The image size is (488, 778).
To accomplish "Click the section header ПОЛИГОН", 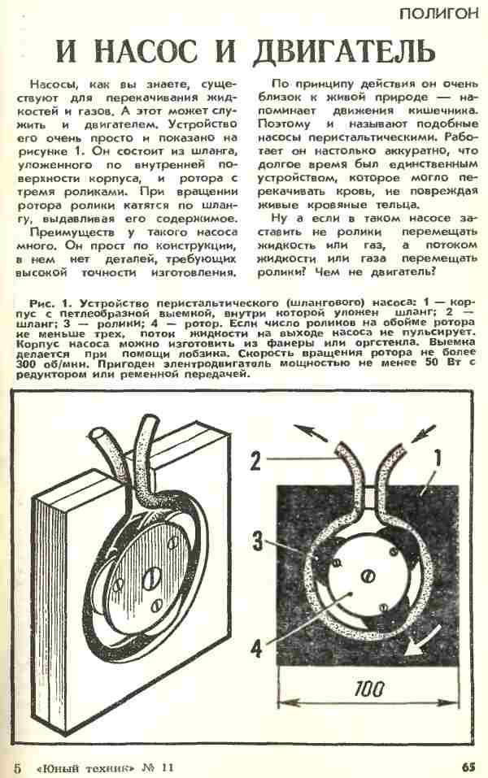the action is click(x=439, y=13).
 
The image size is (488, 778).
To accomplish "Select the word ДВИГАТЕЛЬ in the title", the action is click(x=344, y=51).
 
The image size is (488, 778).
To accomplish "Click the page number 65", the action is click(x=469, y=767).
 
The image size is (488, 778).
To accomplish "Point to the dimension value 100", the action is click(x=369, y=689).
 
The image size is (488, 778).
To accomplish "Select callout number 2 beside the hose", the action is click(x=255, y=461).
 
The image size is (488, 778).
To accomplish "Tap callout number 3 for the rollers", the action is click(x=258, y=541).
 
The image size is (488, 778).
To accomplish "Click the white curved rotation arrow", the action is click(x=421, y=641).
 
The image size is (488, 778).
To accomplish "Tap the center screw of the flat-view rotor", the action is click(x=368, y=576).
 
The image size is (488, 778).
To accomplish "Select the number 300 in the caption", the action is click(x=25, y=363).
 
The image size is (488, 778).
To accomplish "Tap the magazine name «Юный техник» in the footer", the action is click(x=85, y=767).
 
